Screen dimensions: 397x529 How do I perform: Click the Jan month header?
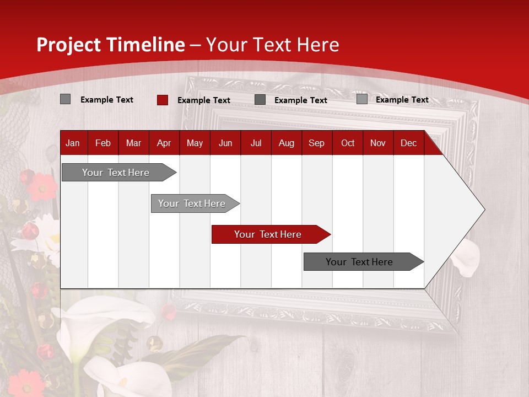[x=73, y=143]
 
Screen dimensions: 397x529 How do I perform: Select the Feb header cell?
[x=103, y=143]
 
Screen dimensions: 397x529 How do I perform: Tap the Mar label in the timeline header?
[x=133, y=143]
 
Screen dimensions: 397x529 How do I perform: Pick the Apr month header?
[x=164, y=143]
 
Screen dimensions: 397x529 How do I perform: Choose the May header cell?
[x=195, y=143]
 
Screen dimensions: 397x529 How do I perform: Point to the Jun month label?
[x=225, y=143]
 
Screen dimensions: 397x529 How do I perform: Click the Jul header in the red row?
[x=256, y=143]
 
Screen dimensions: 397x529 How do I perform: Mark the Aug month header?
[x=287, y=143]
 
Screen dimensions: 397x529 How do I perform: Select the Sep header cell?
[x=316, y=143]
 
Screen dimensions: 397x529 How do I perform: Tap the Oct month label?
[x=348, y=143]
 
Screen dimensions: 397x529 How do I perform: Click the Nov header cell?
[x=378, y=143]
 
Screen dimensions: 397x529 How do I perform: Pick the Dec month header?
[x=408, y=143]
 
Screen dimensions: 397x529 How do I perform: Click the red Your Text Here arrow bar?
[x=268, y=234]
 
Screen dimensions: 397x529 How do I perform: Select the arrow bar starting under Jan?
[x=116, y=173]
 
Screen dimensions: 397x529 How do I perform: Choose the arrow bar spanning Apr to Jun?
[x=192, y=203]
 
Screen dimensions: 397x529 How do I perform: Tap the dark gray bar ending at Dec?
[x=359, y=262]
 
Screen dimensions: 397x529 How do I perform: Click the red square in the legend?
[x=162, y=100]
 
